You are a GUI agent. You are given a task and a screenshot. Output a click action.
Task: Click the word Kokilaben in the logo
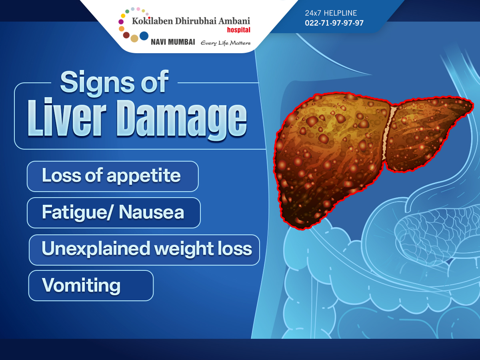[152, 21]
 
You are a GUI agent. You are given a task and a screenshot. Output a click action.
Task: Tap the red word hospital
[238, 30]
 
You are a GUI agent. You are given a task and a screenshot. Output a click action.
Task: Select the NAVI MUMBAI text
[173, 42]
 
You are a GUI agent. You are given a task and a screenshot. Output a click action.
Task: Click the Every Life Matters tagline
[226, 43]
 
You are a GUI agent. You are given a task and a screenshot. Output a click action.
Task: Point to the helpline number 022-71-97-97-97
[334, 23]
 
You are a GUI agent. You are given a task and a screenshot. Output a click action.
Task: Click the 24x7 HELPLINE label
[331, 13]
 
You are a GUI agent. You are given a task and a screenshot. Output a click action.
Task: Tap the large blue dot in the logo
[144, 36]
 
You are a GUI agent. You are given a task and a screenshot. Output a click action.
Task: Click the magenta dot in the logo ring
[121, 22]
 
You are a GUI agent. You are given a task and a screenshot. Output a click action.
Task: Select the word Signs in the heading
[97, 83]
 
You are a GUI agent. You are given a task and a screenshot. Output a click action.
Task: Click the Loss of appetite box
[113, 176]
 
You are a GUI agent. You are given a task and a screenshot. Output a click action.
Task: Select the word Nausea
[151, 212]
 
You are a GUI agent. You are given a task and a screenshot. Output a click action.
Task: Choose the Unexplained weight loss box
[144, 250]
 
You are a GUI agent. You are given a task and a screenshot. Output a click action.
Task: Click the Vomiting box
[91, 286]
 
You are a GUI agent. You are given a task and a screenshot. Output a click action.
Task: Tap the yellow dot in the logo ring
[123, 16]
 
